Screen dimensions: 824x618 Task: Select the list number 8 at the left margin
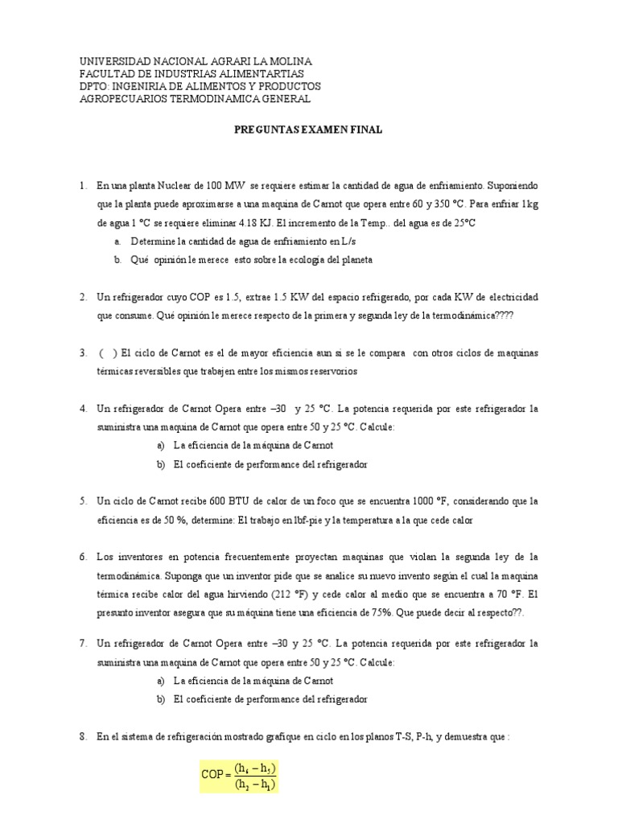[x=83, y=735]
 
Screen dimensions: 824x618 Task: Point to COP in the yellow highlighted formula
[x=212, y=775]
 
